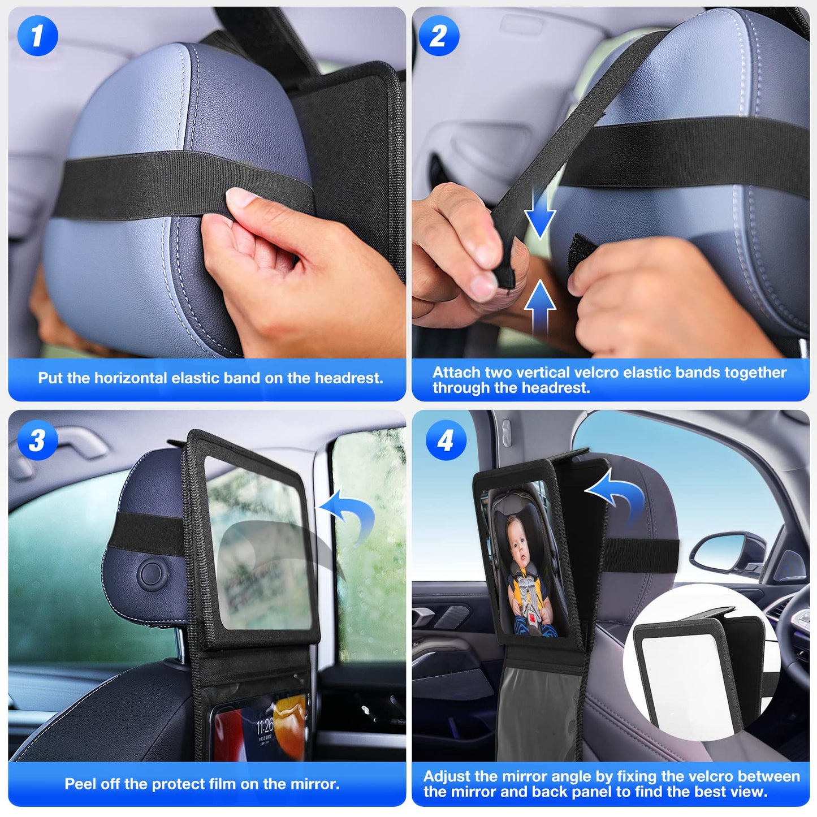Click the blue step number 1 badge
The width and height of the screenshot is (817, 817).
point(37,36)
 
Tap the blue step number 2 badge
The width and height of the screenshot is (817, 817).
point(439,36)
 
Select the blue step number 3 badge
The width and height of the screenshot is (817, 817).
point(37,440)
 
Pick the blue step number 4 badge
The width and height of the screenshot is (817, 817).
point(446,440)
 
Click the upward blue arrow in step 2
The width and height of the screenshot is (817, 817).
point(540,305)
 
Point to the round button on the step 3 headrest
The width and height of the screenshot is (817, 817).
point(152,573)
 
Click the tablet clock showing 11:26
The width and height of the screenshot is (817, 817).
point(265,726)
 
